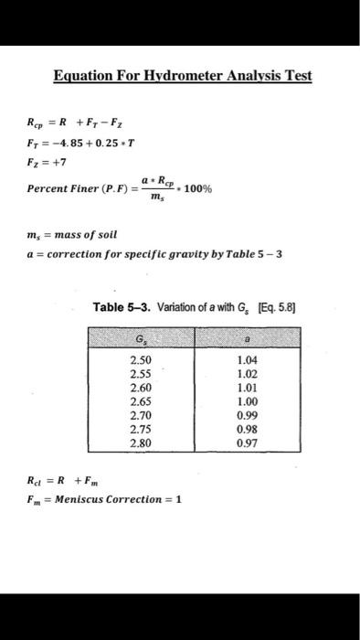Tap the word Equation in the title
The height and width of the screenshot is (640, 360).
click(82, 75)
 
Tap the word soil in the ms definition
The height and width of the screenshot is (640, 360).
click(122, 233)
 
